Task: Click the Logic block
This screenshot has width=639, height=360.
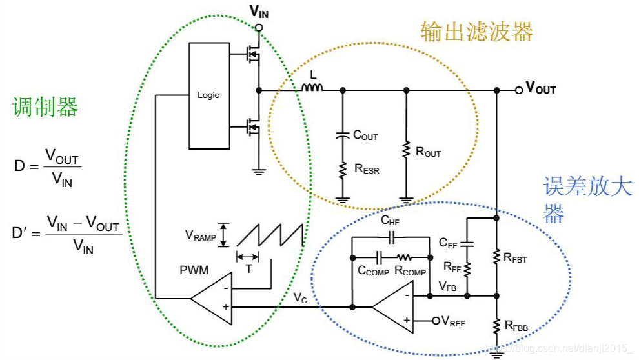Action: coord(208,95)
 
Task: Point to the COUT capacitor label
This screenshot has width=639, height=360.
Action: coord(365,135)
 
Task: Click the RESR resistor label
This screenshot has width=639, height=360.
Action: coord(367,170)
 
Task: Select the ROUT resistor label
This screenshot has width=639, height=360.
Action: coord(429,152)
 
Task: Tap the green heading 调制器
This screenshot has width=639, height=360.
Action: coord(45,107)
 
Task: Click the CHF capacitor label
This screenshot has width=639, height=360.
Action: coord(390,221)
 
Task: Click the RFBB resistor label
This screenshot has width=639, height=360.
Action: coord(516,327)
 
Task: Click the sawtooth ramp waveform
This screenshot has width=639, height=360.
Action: coord(270,236)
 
